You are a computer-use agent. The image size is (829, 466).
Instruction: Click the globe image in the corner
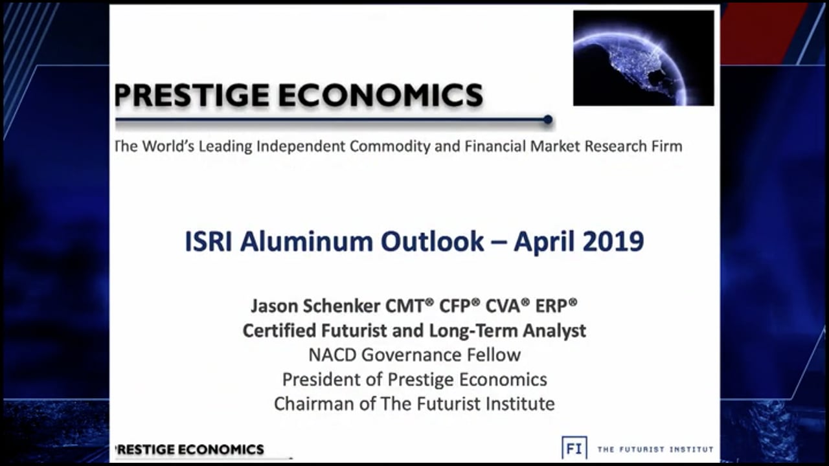click(643, 58)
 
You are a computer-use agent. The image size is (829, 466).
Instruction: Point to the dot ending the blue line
click(548, 120)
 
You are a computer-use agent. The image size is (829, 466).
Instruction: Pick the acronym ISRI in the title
click(209, 241)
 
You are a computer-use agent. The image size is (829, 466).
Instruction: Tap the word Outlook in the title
click(432, 241)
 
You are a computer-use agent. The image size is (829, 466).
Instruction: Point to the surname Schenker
click(332, 305)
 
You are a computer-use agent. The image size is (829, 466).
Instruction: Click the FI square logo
click(574, 448)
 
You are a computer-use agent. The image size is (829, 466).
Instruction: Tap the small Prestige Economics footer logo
click(189, 449)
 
